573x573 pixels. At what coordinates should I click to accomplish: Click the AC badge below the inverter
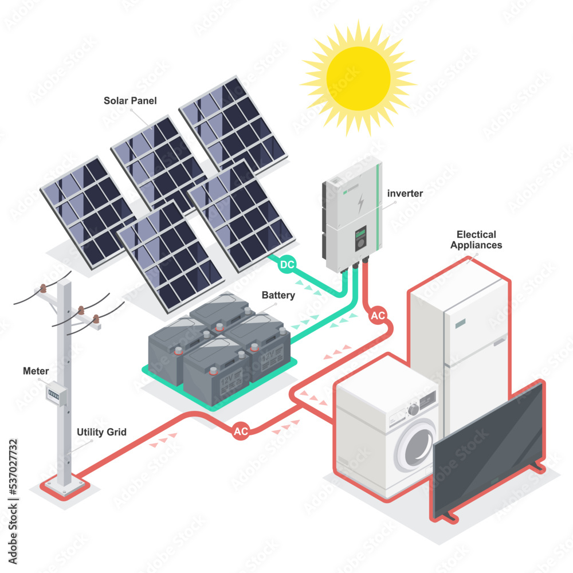tap(378, 316)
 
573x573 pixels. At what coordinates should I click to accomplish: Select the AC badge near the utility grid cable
tap(241, 432)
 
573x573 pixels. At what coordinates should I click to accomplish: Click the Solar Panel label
tap(130, 101)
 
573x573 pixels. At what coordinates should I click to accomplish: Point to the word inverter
tap(405, 194)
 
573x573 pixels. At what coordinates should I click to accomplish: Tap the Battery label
tap(278, 296)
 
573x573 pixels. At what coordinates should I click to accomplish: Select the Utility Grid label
tap(101, 432)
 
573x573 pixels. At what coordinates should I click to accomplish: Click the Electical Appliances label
tap(476, 240)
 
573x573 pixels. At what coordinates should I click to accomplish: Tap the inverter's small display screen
tap(360, 234)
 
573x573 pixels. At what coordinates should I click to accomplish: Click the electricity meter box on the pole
tap(55, 393)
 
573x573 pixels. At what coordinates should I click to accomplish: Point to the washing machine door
tap(417, 445)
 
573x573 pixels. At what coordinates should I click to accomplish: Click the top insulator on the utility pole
tap(42, 288)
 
